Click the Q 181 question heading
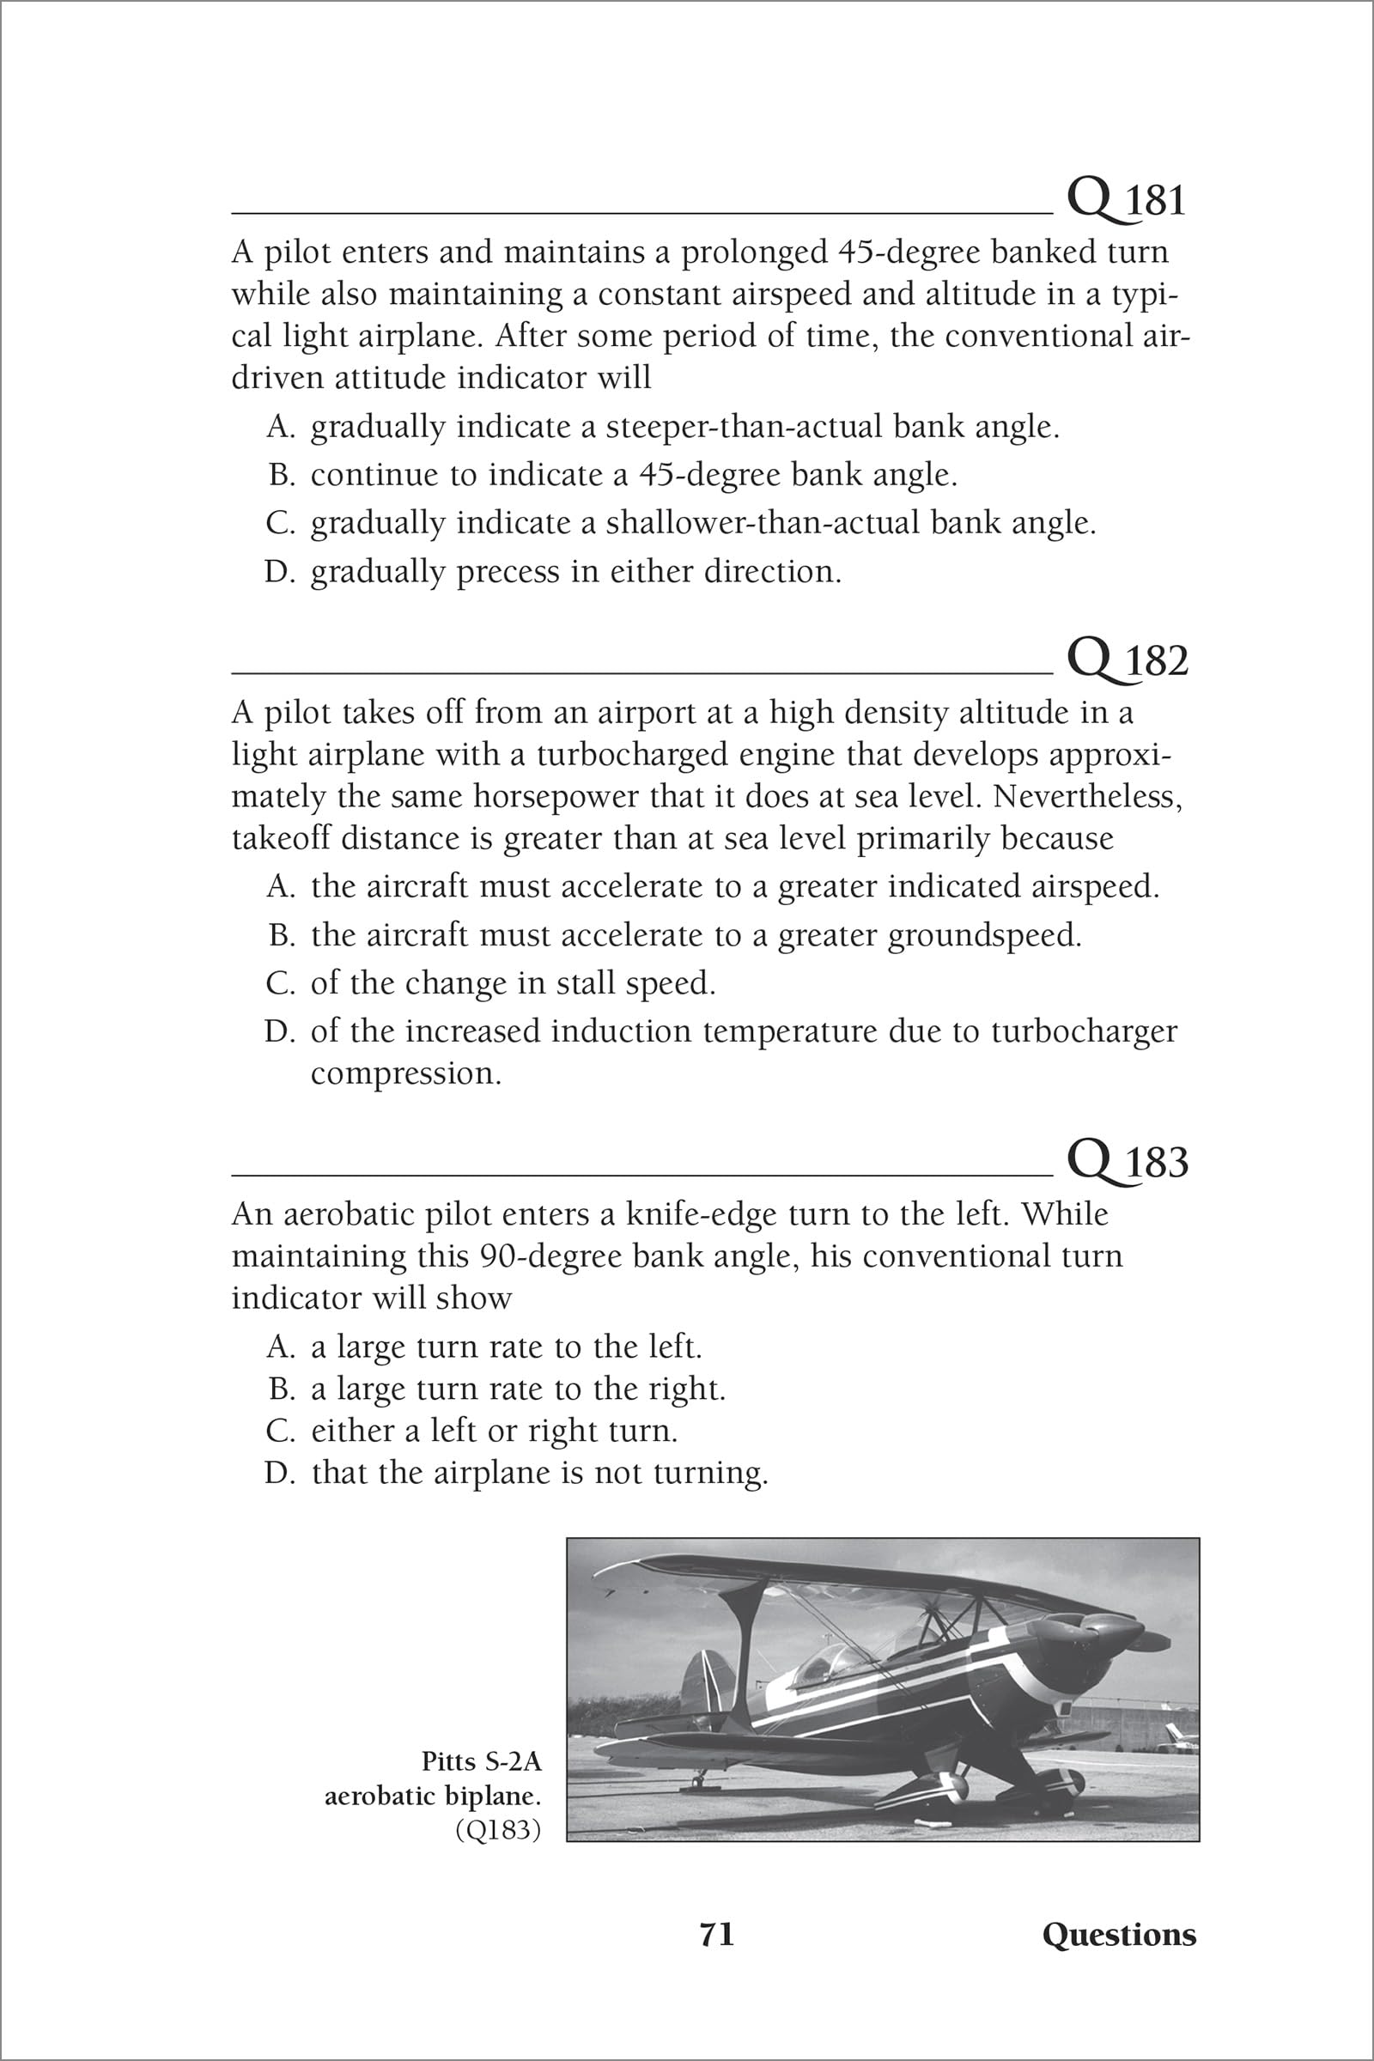coord(1126,201)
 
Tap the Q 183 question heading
coord(1128,1162)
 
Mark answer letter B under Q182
coord(280,935)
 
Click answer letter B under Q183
coord(280,1389)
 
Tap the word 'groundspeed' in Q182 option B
coord(985,936)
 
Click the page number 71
coord(717,1935)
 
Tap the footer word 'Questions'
coord(1119,1935)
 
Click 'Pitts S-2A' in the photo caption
coord(481,1761)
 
